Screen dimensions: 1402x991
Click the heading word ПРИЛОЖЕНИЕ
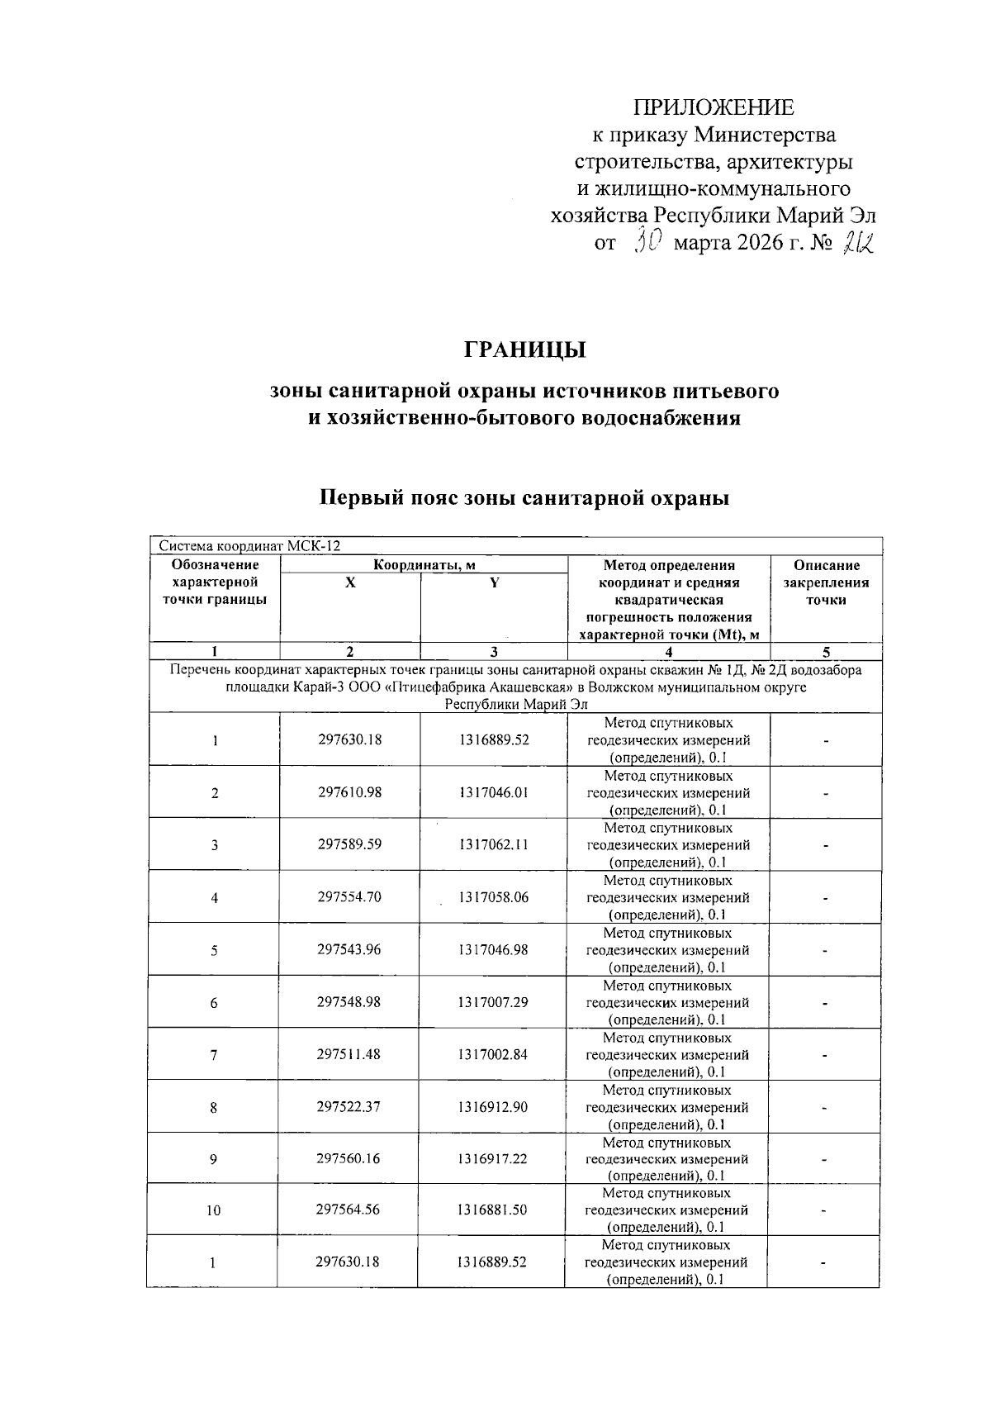click(714, 107)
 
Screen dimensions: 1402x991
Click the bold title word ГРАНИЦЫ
click(524, 350)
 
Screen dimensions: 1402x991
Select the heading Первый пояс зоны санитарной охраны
click(524, 498)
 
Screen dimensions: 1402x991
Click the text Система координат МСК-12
click(249, 546)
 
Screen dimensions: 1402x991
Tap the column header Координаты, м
click(424, 565)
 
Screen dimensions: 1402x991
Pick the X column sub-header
click(350, 582)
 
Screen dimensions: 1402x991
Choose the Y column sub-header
click(494, 582)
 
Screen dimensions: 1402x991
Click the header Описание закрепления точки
click(826, 582)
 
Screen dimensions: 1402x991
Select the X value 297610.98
click(349, 792)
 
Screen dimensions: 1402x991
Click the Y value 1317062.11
click(493, 844)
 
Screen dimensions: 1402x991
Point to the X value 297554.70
click(349, 896)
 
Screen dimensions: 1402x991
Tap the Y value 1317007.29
click(493, 1001)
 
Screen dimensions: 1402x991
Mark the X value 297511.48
click(349, 1054)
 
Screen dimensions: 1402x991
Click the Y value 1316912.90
click(493, 1106)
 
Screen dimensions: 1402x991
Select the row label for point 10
click(213, 1210)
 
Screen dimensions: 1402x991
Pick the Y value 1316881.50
click(493, 1210)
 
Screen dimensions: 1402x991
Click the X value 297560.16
click(349, 1158)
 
